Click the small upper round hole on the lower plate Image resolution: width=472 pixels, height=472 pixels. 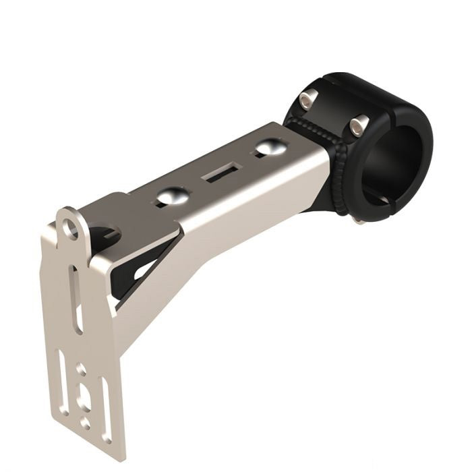80,369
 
